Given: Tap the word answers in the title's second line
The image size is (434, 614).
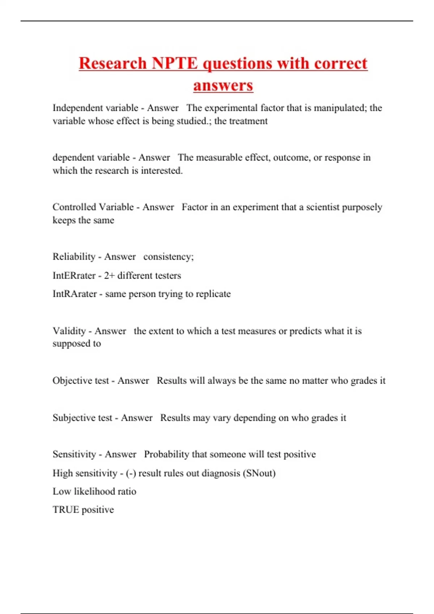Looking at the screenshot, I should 223,86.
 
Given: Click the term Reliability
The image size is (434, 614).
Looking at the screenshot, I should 74,257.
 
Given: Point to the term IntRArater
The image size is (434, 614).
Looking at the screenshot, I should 75,294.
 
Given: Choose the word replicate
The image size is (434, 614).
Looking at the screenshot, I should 213,294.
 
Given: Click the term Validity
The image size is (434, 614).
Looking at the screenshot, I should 69,331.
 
